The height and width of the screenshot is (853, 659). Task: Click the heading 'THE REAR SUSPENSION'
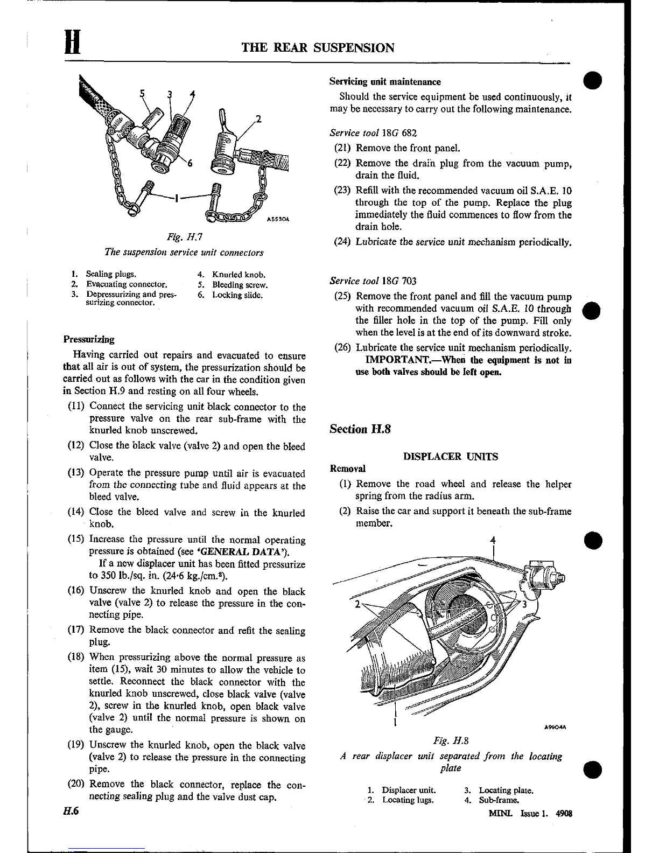[318, 48]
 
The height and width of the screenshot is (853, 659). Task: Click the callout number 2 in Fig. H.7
[258, 119]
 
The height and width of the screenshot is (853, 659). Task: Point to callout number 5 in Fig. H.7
[142, 93]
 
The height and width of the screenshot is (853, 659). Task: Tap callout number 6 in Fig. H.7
[189, 164]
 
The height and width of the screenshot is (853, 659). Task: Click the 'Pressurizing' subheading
[89, 339]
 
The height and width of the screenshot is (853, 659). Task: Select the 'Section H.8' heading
[359, 429]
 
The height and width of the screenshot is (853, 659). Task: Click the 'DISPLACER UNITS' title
[451, 457]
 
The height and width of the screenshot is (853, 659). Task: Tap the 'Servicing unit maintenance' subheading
[384, 82]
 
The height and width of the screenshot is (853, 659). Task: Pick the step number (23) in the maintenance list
[342, 191]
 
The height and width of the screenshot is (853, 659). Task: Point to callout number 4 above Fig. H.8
[493, 540]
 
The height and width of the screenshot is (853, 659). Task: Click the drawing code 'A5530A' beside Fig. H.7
[278, 220]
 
